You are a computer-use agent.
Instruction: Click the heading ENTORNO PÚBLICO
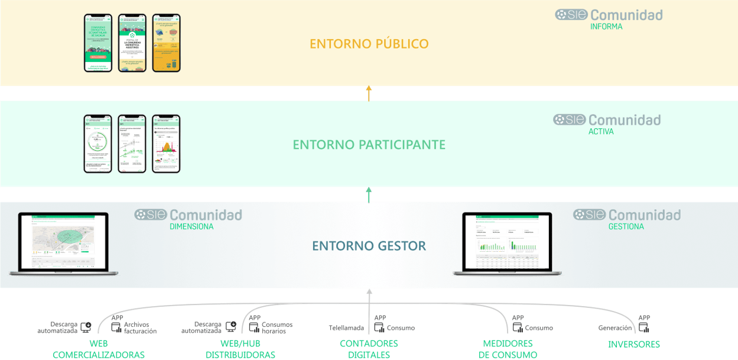pyautogui.click(x=369, y=44)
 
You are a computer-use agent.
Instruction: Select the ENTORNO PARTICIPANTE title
pyautogui.click(x=369, y=144)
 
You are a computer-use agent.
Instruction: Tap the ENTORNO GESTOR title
pyautogui.click(x=369, y=245)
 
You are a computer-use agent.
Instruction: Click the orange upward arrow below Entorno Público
pyautogui.click(x=369, y=93)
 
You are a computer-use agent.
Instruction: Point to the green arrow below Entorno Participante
pyautogui.click(x=369, y=194)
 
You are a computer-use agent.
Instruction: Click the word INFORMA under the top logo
pyautogui.click(x=606, y=27)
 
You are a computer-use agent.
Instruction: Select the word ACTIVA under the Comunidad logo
pyautogui.click(x=601, y=131)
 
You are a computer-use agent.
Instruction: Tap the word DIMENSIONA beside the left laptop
pyautogui.click(x=192, y=226)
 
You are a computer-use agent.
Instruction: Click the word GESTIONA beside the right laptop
pyautogui.click(x=626, y=226)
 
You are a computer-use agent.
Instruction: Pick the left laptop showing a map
pyautogui.click(x=63, y=244)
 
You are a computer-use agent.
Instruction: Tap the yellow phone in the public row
pyautogui.click(x=166, y=43)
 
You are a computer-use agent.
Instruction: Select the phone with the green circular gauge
pyautogui.click(x=98, y=144)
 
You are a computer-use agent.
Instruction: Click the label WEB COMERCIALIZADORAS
pyautogui.click(x=99, y=349)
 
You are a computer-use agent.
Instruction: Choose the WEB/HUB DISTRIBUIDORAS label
pyautogui.click(x=240, y=349)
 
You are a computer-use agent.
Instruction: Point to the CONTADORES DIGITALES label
pyautogui.click(x=369, y=349)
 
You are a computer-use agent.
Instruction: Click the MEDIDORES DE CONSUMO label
pyautogui.click(x=508, y=349)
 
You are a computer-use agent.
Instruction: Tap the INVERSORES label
pyautogui.click(x=634, y=344)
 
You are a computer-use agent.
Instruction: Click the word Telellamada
pyautogui.click(x=346, y=327)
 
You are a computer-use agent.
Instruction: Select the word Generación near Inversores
pyautogui.click(x=615, y=327)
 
